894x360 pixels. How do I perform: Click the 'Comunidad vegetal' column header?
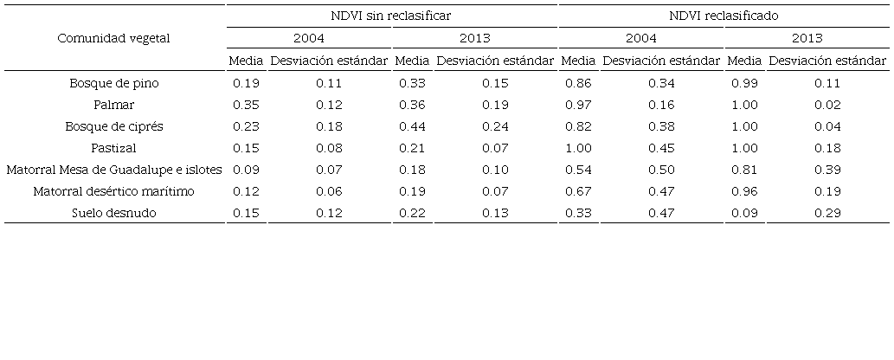(x=114, y=38)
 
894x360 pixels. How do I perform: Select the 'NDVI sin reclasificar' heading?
(x=392, y=16)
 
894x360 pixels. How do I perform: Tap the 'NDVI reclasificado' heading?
(x=724, y=16)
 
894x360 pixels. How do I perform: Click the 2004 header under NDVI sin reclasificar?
(x=309, y=38)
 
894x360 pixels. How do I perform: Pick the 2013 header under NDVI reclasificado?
(x=807, y=38)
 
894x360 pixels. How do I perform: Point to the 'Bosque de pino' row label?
(x=114, y=83)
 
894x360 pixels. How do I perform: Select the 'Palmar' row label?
(x=114, y=105)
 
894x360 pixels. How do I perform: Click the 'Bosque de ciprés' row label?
(x=114, y=126)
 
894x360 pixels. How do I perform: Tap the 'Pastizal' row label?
(x=114, y=148)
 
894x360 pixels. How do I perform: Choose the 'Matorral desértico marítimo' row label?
(x=114, y=191)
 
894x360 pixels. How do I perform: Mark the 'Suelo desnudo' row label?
(x=114, y=213)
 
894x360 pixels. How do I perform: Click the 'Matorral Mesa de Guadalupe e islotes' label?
(x=114, y=170)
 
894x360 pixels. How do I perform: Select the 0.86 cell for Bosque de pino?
(x=578, y=83)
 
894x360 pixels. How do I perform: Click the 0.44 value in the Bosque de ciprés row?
(x=412, y=126)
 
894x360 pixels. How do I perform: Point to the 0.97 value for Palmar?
(x=578, y=105)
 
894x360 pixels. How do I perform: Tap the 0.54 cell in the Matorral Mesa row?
(x=578, y=170)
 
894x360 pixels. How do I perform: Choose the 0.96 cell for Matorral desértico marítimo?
(x=744, y=191)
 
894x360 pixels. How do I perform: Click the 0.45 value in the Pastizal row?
(x=661, y=148)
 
